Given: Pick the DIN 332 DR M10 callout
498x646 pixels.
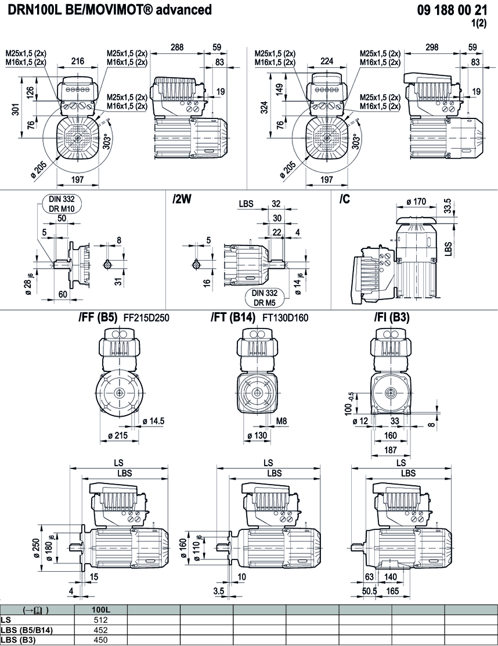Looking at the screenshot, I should coord(62,204).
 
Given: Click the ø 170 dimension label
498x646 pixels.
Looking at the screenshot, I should coord(416,201).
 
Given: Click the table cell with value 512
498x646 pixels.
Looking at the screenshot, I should coord(101,619).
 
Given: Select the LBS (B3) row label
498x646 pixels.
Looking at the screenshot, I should coord(19,640).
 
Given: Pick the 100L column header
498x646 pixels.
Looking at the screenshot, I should coord(101,609).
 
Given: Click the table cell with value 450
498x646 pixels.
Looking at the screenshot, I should coord(101,640).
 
